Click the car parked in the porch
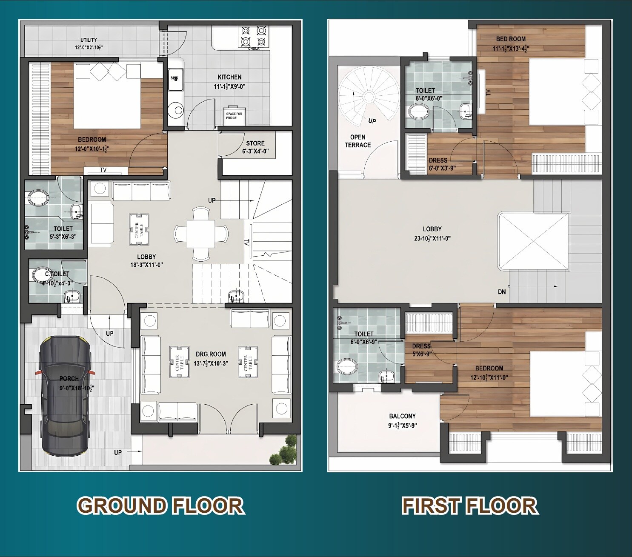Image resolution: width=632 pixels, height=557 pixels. (65, 396)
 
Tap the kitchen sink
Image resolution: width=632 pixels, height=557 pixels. (175, 80)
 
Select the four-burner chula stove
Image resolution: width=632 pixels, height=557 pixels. (253, 36)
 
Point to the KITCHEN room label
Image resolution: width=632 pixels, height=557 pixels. (229, 77)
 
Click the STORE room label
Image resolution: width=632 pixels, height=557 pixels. (255, 143)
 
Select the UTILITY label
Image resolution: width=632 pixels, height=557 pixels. (89, 40)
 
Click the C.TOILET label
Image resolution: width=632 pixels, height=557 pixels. (57, 274)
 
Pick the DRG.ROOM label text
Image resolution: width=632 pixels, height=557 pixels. (211, 354)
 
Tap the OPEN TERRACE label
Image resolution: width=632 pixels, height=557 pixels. (357, 141)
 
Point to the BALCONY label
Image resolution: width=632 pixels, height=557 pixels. (402, 416)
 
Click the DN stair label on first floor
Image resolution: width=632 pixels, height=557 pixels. (502, 292)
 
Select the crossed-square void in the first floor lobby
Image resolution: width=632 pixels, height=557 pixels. (533, 241)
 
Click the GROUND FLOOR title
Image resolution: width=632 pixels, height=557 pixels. (160, 506)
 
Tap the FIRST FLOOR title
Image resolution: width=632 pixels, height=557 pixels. (469, 506)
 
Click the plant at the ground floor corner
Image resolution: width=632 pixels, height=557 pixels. (283, 451)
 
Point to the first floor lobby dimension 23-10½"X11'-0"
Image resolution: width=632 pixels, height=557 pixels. (432, 238)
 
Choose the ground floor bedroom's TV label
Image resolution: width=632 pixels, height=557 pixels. (103, 170)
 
